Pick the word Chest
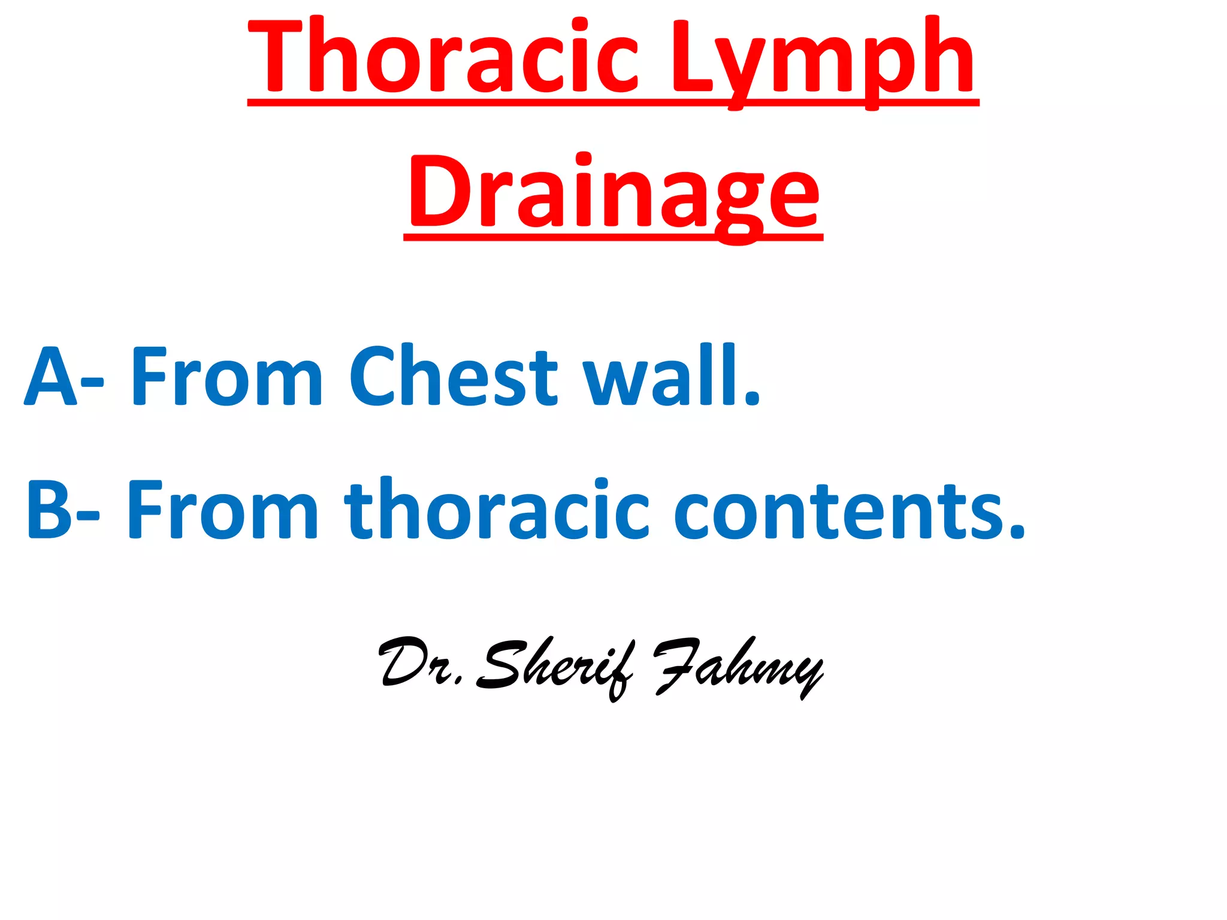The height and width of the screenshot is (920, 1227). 453,376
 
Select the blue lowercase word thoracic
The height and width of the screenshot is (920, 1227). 497,509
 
